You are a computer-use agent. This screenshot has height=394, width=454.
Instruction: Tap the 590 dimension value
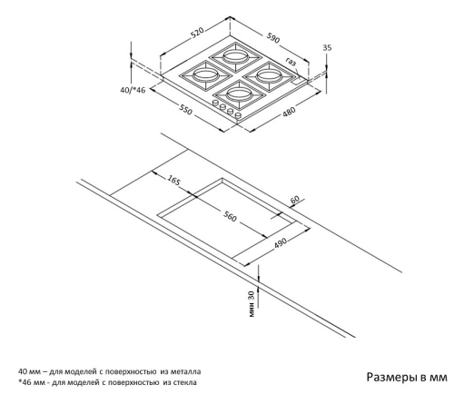click(x=273, y=37)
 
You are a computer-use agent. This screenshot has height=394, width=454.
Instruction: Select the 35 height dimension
click(x=327, y=47)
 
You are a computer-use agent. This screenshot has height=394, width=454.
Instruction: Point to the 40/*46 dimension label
click(x=133, y=90)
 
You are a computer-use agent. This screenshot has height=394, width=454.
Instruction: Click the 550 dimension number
click(x=185, y=110)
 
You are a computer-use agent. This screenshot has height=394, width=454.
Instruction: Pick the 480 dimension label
click(x=289, y=111)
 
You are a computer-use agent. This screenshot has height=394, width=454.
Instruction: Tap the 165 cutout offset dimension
click(x=173, y=181)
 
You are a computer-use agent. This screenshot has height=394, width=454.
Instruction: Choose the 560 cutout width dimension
click(x=230, y=216)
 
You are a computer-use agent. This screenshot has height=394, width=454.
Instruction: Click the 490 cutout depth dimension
click(x=280, y=242)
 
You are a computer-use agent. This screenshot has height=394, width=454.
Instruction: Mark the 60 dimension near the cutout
click(x=294, y=200)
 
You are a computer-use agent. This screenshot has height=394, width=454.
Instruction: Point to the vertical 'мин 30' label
click(x=252, y=303)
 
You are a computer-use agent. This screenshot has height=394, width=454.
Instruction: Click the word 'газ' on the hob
click(x=291, y=63)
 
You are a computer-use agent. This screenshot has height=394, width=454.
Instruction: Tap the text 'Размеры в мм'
click(x=407, y=377)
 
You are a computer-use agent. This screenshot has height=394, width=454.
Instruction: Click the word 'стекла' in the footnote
click(x=184, y=382)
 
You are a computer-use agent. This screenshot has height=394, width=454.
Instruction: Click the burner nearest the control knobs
click(x=239, y=94)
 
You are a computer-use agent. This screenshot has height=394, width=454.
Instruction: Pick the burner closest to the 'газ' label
click(x=269, y=75)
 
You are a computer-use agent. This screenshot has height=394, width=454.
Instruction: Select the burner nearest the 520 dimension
click(x=235, y=56)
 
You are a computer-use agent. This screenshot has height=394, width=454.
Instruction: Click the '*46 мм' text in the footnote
click(x=31, y=382)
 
